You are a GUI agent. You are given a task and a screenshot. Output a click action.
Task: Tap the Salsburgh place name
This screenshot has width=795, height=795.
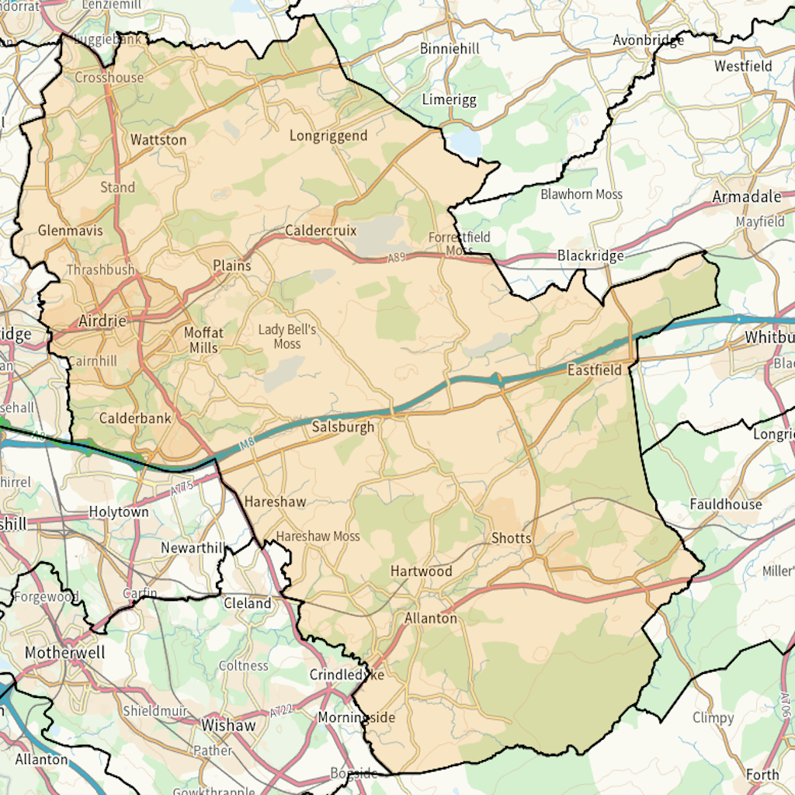[x=343, y=427]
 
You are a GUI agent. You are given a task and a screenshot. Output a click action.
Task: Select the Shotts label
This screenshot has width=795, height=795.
[x=512, y=538]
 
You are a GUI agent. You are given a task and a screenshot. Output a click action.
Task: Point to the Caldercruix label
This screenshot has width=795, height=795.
[x=321, y=231]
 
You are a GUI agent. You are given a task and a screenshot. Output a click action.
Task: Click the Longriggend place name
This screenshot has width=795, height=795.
[x=328, y=136]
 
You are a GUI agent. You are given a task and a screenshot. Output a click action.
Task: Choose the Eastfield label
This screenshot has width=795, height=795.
[x=595, y=370]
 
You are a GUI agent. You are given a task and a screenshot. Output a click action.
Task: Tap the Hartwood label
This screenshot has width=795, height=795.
[x=421, y=571]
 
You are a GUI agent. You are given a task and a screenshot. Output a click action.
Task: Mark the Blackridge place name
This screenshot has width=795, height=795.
[x=590, y=255]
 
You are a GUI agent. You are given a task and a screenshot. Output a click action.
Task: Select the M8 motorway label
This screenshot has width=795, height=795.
[x=247, y=444]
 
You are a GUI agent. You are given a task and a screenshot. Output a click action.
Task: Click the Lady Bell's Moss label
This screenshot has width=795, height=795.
[x=287, y=336]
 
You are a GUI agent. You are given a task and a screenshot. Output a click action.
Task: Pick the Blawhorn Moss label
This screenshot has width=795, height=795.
[x=581, y=194]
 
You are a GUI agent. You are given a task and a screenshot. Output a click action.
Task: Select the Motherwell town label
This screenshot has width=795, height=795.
[x=64, y=653]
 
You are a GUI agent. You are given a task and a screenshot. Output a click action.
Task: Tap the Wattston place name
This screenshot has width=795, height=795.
[x=158, y=141]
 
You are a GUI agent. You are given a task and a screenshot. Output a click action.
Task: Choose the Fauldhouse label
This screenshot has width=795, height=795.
[x=726, y=505]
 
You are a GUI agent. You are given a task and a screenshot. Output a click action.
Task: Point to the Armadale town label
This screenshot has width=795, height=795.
[x=747, y=197]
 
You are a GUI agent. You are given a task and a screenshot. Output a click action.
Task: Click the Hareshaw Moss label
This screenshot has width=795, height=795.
[x=318, y=536]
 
